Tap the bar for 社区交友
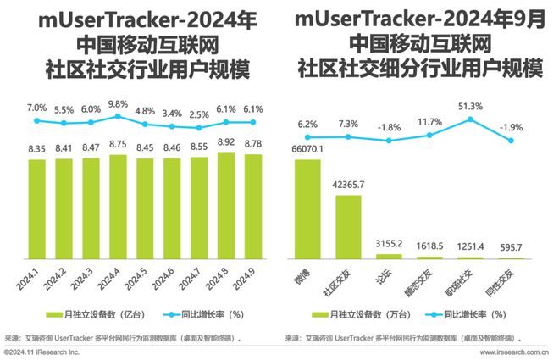click(x=348, y=227)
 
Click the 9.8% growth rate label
click(x=118, y=103)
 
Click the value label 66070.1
click(x=309, y=149)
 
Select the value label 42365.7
click(x=350, y=185)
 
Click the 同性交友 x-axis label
click(x=509, y=279)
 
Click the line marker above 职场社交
click(x=470, y=119)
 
